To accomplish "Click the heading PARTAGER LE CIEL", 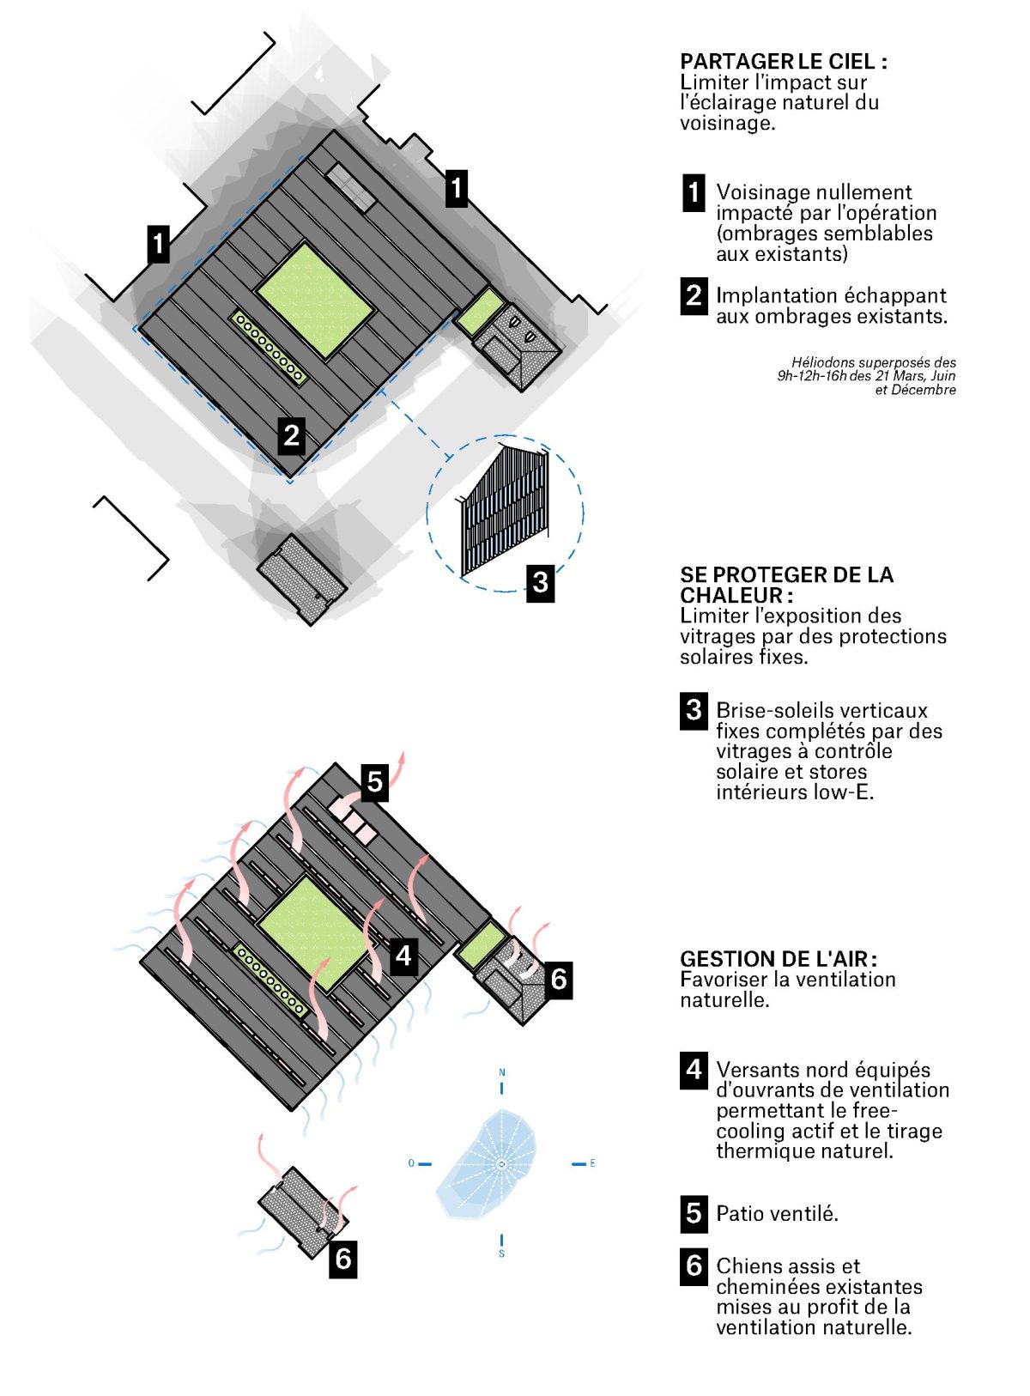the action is pyautogui.click(x=784, y=62).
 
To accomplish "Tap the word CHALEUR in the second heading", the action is pyautogui.click(x=732, y=595).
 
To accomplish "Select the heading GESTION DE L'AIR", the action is pyautogui.click(x=778, y=959).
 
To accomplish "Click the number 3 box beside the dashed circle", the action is pyautogui.click(x=540, y=581).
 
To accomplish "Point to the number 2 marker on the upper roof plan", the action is pyautogui.click(x=291, y=435).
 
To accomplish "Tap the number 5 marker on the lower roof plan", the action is pyautogui.click(x=373, y=782).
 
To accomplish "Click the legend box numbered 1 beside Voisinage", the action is pyautogui.click(x=694, y=192).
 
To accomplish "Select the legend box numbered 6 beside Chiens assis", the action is pyautogui.click(x=694, y=1266).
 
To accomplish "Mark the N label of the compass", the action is pyautogui.click(x=501, y=1071).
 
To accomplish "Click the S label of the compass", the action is pyautogui.click(x=501, y=1253).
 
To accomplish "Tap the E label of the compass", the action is pyautogui.click(x=592, y=1163).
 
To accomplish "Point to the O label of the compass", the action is pyautogui.click(x=411, y=1163).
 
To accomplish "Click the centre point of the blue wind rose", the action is pyautogui.click(x=501, y=1163).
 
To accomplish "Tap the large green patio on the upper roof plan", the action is pyautogui.click(x=315, y=300).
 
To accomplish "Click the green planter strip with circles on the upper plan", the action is pyautogui.click(x=269, y=348).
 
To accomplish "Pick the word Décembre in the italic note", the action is pyautogui.click(x=923, y=390).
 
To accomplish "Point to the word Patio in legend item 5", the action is pyautogui.click(x=737, y=1213).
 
